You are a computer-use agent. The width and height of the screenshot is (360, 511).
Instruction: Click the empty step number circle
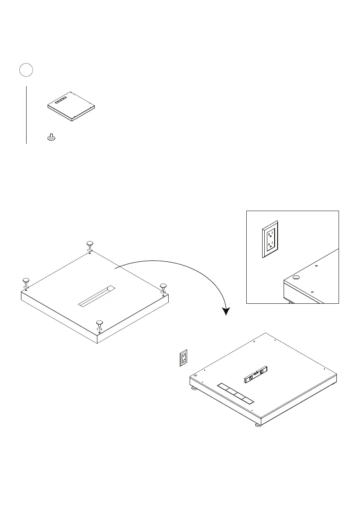coord(26,70)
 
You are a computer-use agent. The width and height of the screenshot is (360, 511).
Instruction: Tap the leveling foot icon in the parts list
coord(51,137)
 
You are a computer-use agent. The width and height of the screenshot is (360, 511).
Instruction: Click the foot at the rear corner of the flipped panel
coord(90,243)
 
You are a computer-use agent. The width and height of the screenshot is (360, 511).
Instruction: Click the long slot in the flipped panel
coord(97,296)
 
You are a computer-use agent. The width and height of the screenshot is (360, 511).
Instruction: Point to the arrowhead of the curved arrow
coord(225,310)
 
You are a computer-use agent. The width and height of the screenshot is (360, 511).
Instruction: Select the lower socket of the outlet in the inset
coord(271,246)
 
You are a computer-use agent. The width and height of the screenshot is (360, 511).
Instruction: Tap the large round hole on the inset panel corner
coord(296,278)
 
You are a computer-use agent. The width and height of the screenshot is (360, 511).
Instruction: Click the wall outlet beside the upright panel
coord(184,358)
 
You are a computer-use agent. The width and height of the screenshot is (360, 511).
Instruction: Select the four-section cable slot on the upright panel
coord(236,393)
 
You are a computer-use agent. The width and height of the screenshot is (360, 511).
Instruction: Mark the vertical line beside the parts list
coord(27,115)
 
